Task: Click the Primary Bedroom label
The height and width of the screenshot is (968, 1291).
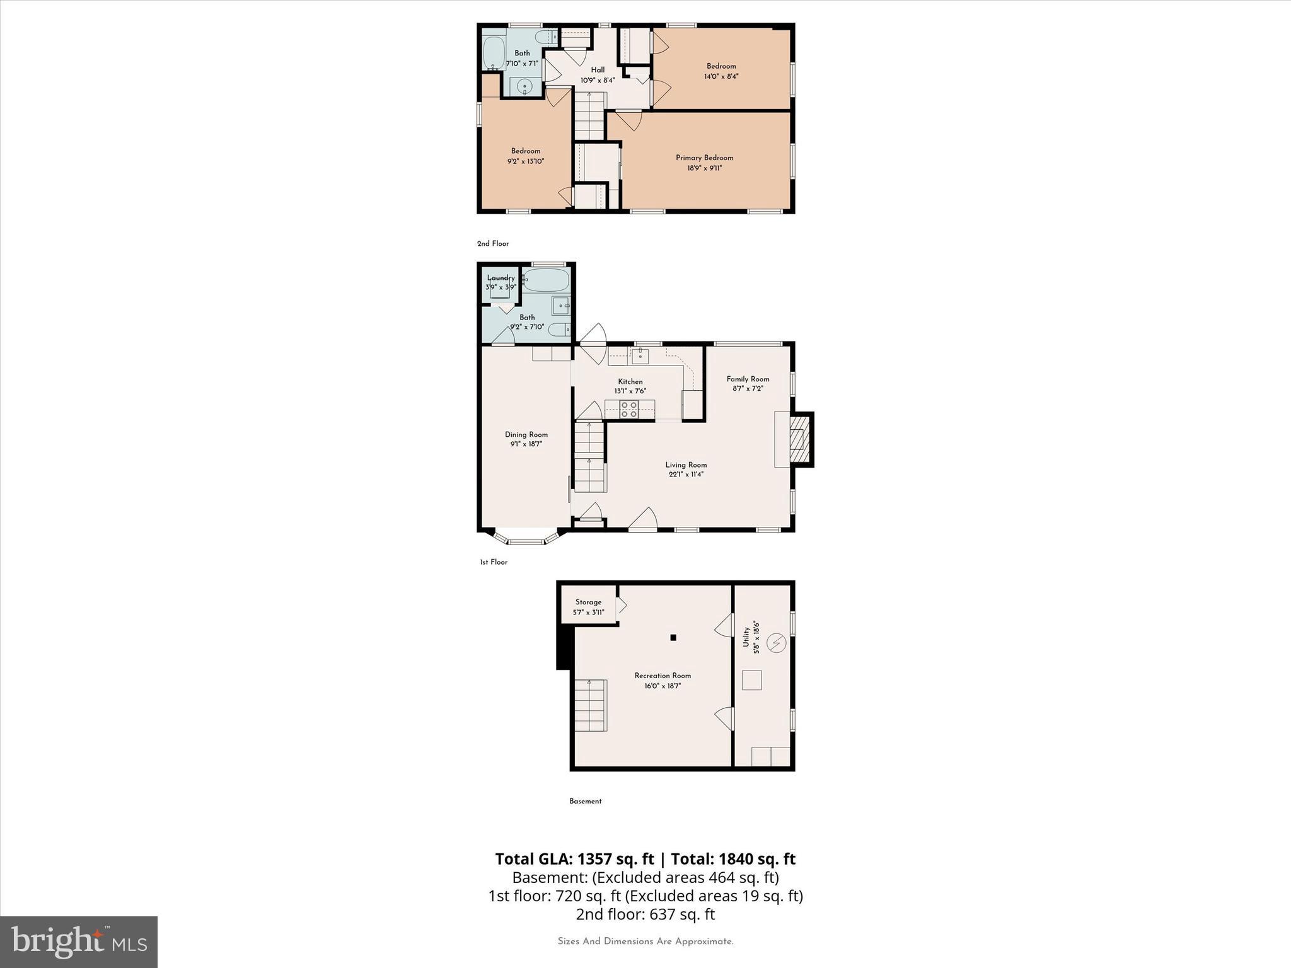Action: coord(704,158)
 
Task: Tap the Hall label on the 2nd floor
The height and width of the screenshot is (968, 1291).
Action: coord(598,70)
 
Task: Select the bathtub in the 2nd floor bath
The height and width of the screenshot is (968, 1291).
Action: coord(494,53)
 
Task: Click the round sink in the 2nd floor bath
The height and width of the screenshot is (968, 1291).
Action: coord(524,87)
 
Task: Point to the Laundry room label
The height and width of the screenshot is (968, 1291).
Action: coord(501,278)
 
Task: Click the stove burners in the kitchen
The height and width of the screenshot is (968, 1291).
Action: coord(629,409)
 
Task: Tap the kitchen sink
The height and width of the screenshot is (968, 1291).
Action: coord(640,356)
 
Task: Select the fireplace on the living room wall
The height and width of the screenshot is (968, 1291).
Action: coord(799,439)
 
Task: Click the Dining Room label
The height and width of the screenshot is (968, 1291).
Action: coord(526,434)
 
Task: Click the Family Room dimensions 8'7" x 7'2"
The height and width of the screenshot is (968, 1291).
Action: coord(748,389)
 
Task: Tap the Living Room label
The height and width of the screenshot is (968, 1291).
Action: coord(686,464)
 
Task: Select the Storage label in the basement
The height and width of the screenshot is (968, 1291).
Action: coord(588,602)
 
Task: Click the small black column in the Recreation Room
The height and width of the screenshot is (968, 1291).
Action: coord(673,638)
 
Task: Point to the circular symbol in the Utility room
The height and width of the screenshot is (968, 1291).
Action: coord(776,643)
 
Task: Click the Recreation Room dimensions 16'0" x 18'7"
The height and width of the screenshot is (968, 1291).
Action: coord(663,686)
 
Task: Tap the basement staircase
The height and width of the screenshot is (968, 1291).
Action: coord(590,705)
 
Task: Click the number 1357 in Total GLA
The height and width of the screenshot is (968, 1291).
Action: coord(596,859)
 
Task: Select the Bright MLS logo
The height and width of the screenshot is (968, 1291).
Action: coord(79,942)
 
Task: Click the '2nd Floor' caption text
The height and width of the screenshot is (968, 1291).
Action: coord(492,243)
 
